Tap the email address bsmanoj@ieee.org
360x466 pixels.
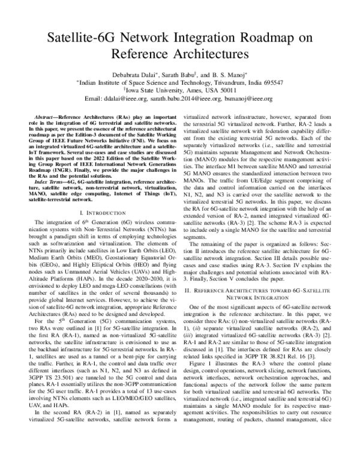[247, 98]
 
